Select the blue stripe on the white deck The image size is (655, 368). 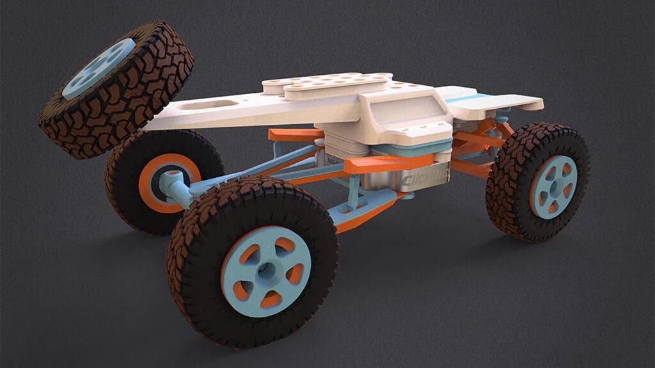pos(470,99)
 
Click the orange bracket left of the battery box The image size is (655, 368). pos(294,135)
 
